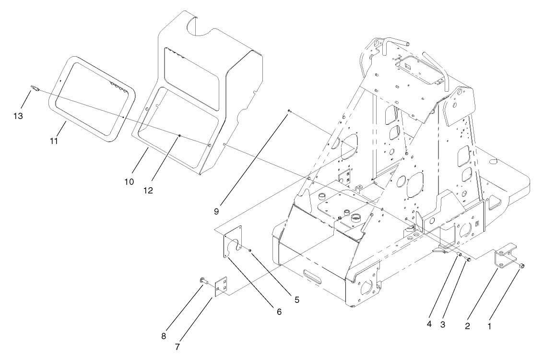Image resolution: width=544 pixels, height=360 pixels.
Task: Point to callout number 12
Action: click(x=148, y=190)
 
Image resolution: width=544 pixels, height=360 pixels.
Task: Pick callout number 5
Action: click(x=296, y=300)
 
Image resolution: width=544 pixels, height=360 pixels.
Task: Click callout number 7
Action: click(x=177, y=346)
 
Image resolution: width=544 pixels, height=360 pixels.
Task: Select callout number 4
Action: click(x=429, y=324)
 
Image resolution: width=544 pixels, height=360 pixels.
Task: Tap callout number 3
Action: click(x=443, y=324)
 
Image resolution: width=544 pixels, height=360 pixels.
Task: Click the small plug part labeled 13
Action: click(x=34, y=87)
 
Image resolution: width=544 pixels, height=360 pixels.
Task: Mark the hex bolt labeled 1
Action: click(x=522, y=265)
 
